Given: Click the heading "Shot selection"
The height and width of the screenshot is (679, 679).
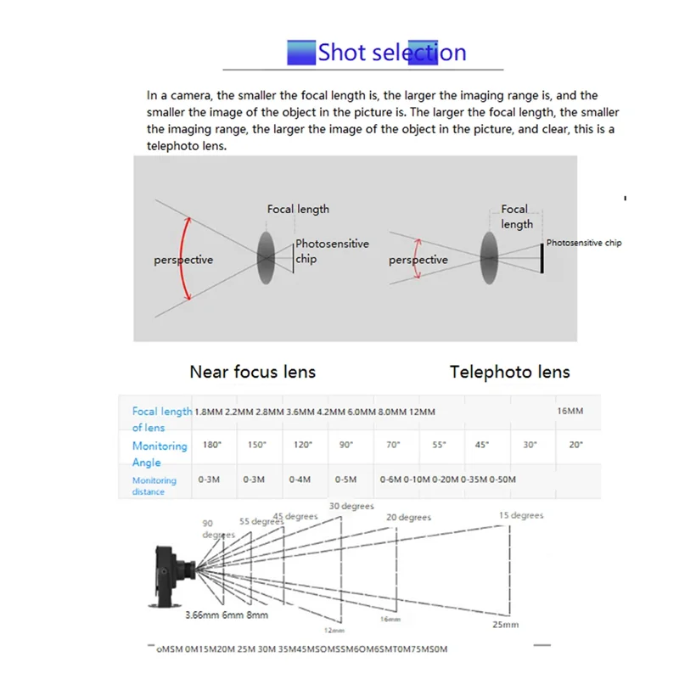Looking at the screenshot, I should coord(391,53).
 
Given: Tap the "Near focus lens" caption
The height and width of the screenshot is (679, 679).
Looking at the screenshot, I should coord(252,372).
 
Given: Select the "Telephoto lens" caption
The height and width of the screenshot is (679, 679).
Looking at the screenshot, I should coord(509,372).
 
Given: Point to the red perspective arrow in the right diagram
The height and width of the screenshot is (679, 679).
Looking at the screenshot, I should coord(416,260).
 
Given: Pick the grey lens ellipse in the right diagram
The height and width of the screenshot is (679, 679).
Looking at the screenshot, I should coord(489,257).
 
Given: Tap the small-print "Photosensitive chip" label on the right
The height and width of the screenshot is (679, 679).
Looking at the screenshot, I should coord(583,243).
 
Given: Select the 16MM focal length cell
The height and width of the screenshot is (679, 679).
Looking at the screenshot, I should coord(570,411).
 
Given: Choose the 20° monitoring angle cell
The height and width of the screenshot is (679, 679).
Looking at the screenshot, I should coord(576,445).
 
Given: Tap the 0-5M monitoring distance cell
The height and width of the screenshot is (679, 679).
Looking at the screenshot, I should coord(345,480).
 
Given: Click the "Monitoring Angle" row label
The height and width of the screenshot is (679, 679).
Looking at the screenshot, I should coord(159,453).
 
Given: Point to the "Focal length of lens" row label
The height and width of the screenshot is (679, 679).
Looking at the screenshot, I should coord(161,419).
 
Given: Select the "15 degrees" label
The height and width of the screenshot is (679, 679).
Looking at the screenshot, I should coord(521,515).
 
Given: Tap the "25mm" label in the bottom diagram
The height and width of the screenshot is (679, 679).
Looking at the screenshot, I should coord(504,625).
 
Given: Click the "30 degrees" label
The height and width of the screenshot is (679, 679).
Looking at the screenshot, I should coord(351,507).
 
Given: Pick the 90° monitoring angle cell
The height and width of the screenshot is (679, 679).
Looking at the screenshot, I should coord(345,445).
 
